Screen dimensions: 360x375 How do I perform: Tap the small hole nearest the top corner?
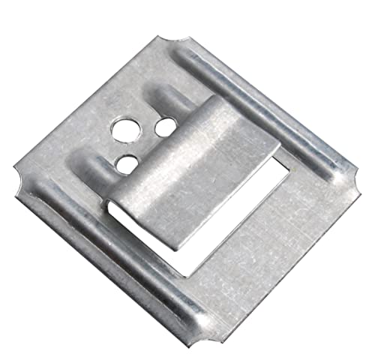click(x=161, y=127)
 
